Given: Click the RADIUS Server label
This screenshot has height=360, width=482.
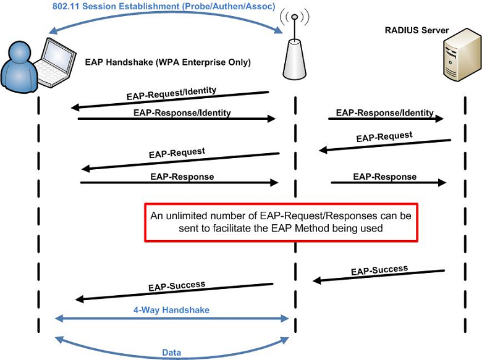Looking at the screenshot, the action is pos(416,30).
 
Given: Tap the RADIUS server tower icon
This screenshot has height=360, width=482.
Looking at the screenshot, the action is pos(462,55).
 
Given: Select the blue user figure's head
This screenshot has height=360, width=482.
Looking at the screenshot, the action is pos(20,52).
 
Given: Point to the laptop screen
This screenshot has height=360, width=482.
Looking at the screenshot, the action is pos(58,57).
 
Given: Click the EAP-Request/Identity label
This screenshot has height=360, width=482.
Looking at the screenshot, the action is pos(172,93).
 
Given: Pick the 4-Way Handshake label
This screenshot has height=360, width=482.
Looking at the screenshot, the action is pos(171,310).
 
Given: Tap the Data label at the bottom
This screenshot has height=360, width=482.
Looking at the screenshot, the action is pos(172,353).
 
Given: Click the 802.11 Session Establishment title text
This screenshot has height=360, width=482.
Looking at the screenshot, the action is pos(164,6).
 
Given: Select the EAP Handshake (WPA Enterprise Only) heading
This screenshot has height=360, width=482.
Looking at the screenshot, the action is pos(168,62).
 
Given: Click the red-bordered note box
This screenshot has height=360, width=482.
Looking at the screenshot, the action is pos(281,222).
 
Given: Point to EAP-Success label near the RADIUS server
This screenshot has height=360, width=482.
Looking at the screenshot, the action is pos(379,270).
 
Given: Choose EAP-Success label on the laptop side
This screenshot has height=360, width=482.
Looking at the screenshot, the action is pos(177,287).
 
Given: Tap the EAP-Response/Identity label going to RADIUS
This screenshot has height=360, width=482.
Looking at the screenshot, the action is pos(384,113).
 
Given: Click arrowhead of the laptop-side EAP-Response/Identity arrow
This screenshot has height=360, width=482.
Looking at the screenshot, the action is pos(272,119).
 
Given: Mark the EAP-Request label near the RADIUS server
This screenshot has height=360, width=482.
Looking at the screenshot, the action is pos(384,136).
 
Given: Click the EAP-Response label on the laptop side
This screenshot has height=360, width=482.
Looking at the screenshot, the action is pos(182,177).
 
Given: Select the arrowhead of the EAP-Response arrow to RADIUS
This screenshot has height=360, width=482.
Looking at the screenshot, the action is pos(442,182).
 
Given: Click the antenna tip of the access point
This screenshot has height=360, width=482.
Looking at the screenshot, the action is pos(295,16).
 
